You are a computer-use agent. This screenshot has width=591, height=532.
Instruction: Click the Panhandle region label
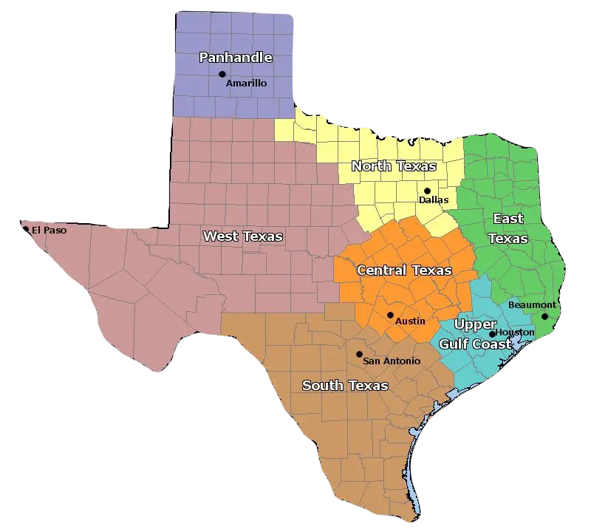click(236, 58)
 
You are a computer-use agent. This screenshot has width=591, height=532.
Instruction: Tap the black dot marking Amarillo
click(222, 74)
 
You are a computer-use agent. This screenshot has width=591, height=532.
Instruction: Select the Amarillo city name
click(247, 83)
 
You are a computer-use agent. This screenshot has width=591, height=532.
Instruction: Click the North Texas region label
click(394, 166)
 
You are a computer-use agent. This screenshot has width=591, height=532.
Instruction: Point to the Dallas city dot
click(427, 191)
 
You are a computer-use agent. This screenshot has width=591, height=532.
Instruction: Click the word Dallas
click(434, 200)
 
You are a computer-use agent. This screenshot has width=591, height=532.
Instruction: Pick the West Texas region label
click(242, 236)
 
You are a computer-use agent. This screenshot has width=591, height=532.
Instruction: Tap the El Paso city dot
click(26, 229)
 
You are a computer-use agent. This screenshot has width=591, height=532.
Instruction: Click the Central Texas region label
click(403, 270)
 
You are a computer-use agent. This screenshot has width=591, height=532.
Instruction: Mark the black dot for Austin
click(390, 315)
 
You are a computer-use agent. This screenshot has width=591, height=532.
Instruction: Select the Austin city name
click(410, 321)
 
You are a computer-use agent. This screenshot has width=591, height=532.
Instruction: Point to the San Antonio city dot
click(359, 354)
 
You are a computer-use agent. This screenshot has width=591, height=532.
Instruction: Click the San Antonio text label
click(392, 361)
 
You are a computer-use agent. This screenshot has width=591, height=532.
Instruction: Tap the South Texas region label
click(345, 386)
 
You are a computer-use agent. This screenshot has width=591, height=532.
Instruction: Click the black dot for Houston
click(493, 334)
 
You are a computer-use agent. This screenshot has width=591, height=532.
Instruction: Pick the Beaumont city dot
click(545, 316)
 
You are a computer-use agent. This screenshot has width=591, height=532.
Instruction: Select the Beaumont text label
click(532, 305)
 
